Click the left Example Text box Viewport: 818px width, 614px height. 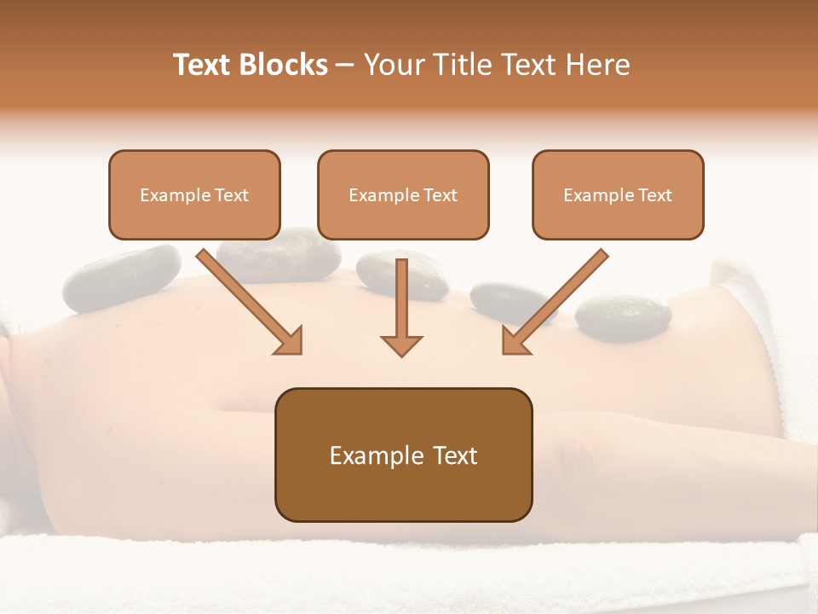coord(194,194)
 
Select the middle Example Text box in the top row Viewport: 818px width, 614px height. coord(403,194)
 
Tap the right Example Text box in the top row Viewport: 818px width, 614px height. coord(618,194)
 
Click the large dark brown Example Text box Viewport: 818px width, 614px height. coord(403,455)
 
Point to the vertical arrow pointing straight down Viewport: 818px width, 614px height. coord(401,307)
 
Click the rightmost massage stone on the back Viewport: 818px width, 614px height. coord(623,317)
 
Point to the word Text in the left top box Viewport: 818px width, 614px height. coord(232,194)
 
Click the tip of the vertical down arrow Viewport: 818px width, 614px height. coord(401,354)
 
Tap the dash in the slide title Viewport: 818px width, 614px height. coord(346,65)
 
